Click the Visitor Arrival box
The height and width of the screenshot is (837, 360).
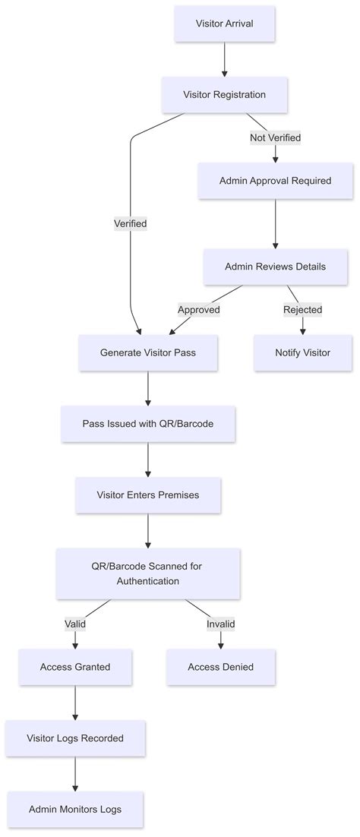[x=224, y=24]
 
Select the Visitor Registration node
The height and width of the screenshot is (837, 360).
[x=224, y=95]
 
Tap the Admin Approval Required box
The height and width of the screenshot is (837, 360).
[x=275, y=181]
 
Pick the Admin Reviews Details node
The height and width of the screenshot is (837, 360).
[x=275, y=267]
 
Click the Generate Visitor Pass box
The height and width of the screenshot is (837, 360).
[x=148, y=352]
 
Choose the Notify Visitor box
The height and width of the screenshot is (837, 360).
[x=302, y=352]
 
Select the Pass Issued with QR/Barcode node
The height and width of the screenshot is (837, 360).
[x=148, y=423]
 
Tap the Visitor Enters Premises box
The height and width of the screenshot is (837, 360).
[x=148, y=494]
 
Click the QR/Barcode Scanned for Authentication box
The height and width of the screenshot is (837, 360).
[x=148, y=573]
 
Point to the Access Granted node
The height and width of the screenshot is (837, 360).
[x=75, y=667]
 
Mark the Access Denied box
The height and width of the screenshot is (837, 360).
[x=220, y=667]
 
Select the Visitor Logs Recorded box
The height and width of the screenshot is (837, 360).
[x=75, y=738]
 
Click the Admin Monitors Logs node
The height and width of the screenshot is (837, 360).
[x=75, y=809]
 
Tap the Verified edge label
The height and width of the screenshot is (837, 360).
[x=130, y=223]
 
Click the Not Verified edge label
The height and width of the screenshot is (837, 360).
[x=275, y=137]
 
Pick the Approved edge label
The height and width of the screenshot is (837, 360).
[x=198, y=309]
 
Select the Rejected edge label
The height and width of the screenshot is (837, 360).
[x=302, y=309]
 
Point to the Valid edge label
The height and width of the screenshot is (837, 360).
[x=75, y=624]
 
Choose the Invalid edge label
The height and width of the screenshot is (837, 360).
[x=220, y=624]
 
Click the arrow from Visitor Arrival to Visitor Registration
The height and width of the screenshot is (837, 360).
[x=224, y=59]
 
